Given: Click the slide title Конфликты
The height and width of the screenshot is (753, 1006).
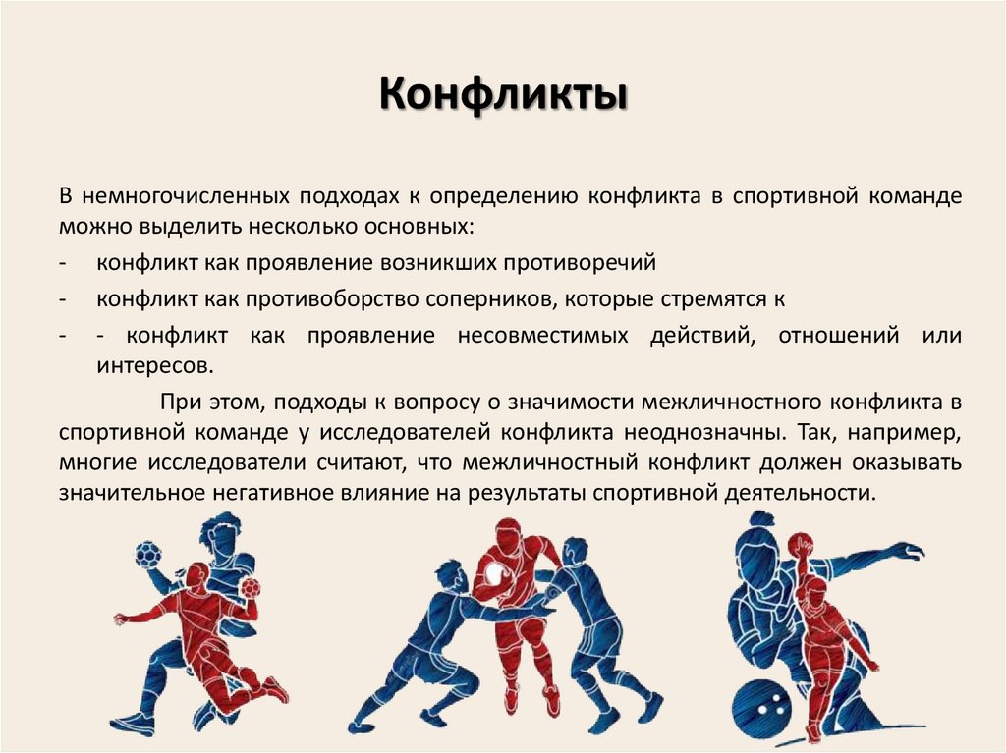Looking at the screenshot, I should click(x=503, y=98).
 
